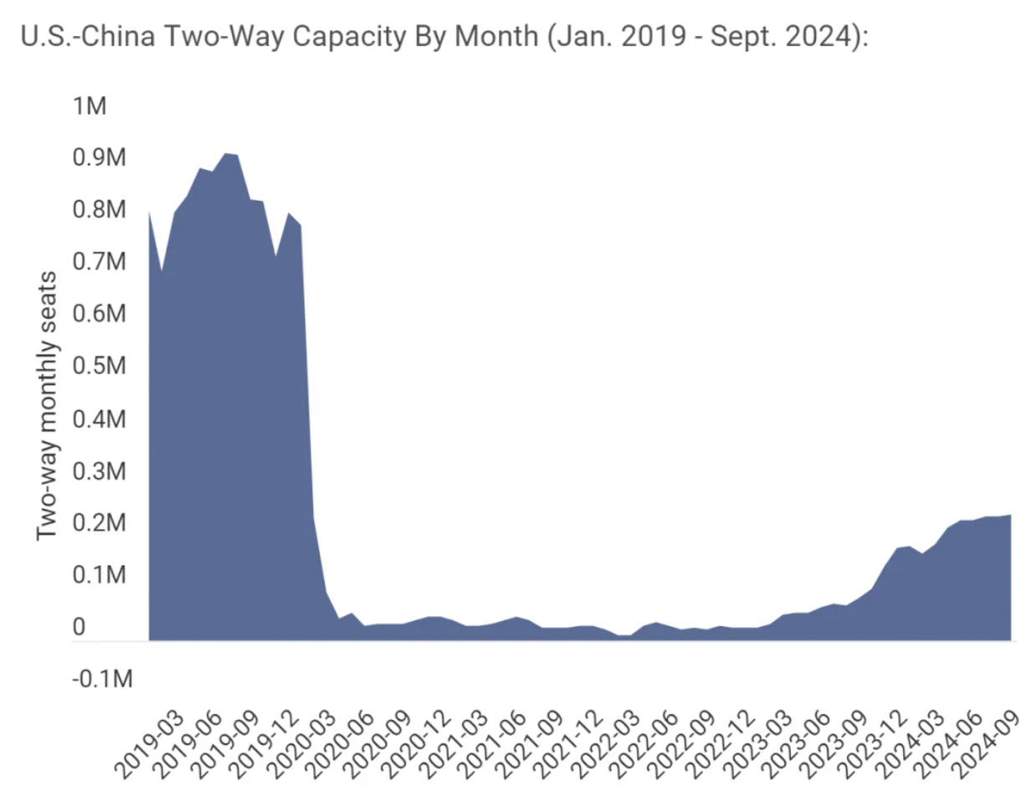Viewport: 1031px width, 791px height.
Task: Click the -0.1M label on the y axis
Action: pyautogui.click(x=102, y=679)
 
